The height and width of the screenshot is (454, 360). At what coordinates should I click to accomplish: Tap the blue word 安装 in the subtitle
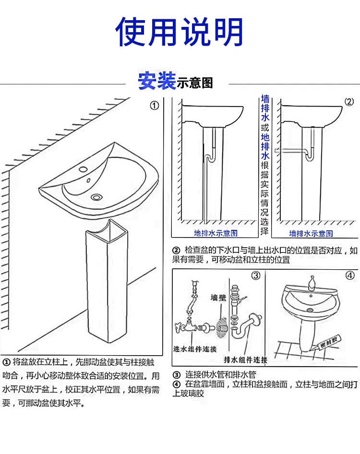click(x=156, y=81)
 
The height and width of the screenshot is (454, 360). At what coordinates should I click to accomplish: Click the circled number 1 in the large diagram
click(x=155, y=106)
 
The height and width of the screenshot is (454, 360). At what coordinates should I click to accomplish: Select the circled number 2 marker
click(x=349, y=102)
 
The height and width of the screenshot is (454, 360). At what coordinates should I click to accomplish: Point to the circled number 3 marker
click(x=256, y=275)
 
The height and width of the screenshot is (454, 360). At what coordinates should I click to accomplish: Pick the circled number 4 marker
click(x=350, y=275)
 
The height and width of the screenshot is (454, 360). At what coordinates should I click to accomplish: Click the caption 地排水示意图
click(x=216, y=233)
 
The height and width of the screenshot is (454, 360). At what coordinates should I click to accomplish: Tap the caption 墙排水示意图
click(x=311, y=233)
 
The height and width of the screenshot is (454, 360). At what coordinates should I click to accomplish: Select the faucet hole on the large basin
click(x=83, y=169)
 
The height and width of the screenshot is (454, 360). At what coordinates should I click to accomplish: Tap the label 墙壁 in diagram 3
click(x=218, y=298)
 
